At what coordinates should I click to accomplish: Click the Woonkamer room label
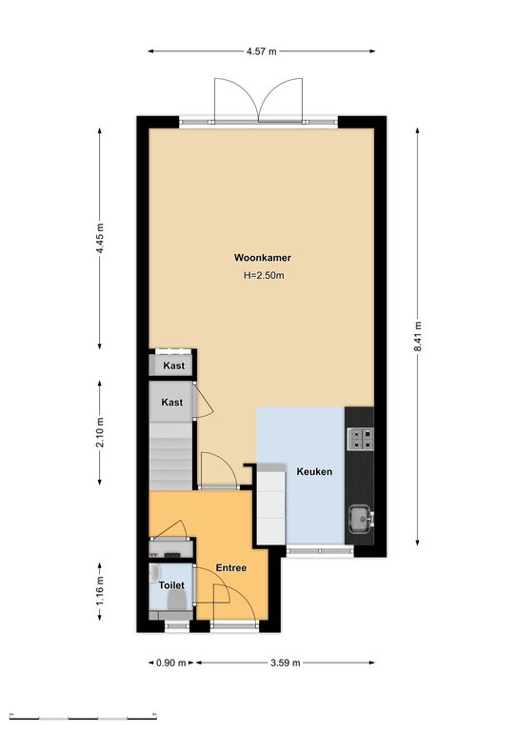tap(263, 257)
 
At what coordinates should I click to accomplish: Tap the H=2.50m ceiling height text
tap(264, 275)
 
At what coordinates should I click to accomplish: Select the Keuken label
tap(315, 471)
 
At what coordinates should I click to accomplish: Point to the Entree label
tap(231, 568)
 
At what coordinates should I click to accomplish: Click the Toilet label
tap(171, 585)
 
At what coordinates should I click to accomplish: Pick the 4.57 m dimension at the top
tap(262, 51)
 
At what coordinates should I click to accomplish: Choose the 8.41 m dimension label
tap(418, 337)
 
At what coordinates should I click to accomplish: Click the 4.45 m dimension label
tap(100, 239)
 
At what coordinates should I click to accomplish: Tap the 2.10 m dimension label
tap(100, 433)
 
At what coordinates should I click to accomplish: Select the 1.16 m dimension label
tap(100, 592)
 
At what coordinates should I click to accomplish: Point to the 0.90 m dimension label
tap(171, 662)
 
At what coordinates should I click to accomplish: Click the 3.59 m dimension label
tap(286, 662)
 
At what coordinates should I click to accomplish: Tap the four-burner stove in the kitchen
tap(360, 439)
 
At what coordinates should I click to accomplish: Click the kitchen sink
tap(361, 519)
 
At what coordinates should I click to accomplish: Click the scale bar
tap(83, 717)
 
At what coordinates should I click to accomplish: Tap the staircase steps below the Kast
tap(171, 456)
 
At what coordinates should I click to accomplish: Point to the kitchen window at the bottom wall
tap(320, 551)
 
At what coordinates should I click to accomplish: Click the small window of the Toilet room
tap(177, 626)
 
